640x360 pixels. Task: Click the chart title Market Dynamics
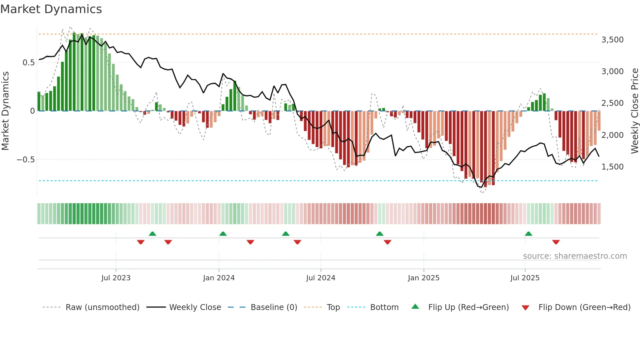pyautogui.click(x=51, y=9)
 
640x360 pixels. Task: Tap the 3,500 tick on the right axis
pyautogui.click(x=612, y=40)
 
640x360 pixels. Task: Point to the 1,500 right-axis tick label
pyautogui.click(x=612, y=167)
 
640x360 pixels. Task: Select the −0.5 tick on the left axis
pyautogui.click(x=25, y=160)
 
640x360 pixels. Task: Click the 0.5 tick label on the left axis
pyautogui.click(x=28, y=63)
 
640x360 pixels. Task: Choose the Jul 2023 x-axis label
pyautogui.click(x=116, y=278)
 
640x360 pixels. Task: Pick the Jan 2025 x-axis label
pyautogui.click(x=424, y=278)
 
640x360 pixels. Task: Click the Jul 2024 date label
pyautogui.click(x=321, y=278)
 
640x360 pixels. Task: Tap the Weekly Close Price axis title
pyautogui.click(x=634, y=111)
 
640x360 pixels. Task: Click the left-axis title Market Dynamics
pyautogui.click(x=5, y=111)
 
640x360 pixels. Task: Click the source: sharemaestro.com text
pyautogui.click(x=575, y=256)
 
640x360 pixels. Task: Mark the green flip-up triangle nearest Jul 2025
pyautogui.click(x=528, y=234)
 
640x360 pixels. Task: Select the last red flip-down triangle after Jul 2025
pyautogui.click(x=556, y=242)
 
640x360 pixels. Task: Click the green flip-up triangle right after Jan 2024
pyautogui.click(x=223, y=234)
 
